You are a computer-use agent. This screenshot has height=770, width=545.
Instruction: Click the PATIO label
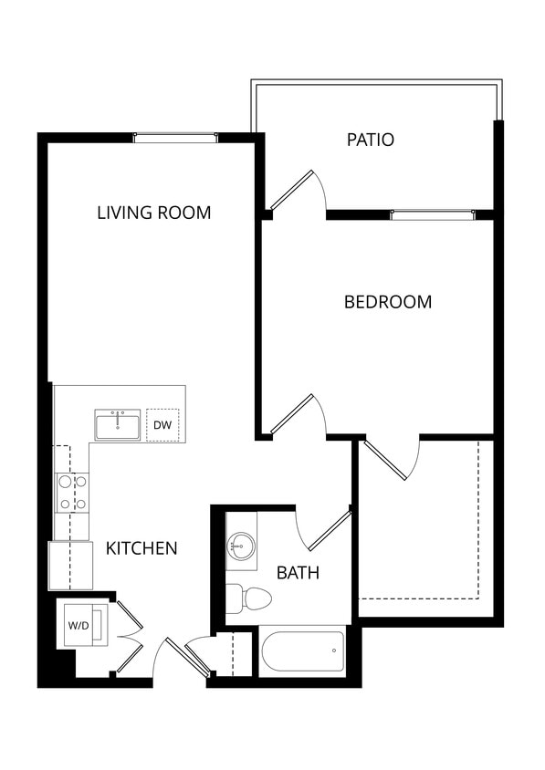(x=371, y=140)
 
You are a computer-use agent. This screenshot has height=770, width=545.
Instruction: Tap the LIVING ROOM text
(x=154, y=213)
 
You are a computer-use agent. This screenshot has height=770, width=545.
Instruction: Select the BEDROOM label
(x=388, y=302)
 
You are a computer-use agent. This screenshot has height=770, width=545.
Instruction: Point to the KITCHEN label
(x=141, y=549)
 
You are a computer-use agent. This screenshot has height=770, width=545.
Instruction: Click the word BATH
(x=299, y=574)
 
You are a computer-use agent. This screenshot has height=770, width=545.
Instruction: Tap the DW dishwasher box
(x=162, y=425)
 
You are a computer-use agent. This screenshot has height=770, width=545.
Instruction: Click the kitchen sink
(x=118, y=425)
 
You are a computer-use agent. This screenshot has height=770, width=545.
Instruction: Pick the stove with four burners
(x=72, y=493)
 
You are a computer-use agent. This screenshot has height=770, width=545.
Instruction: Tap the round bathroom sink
(x=242, y=547)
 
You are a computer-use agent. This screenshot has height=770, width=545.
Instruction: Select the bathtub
(x=302, y=651)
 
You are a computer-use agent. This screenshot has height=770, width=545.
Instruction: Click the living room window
(x=175, y=139)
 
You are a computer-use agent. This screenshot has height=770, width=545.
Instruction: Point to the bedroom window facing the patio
(x=432, y=215)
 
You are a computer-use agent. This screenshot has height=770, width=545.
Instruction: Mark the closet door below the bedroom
(x=388, y=461)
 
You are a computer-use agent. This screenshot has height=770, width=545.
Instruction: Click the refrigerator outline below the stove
(x=70, y=566)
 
